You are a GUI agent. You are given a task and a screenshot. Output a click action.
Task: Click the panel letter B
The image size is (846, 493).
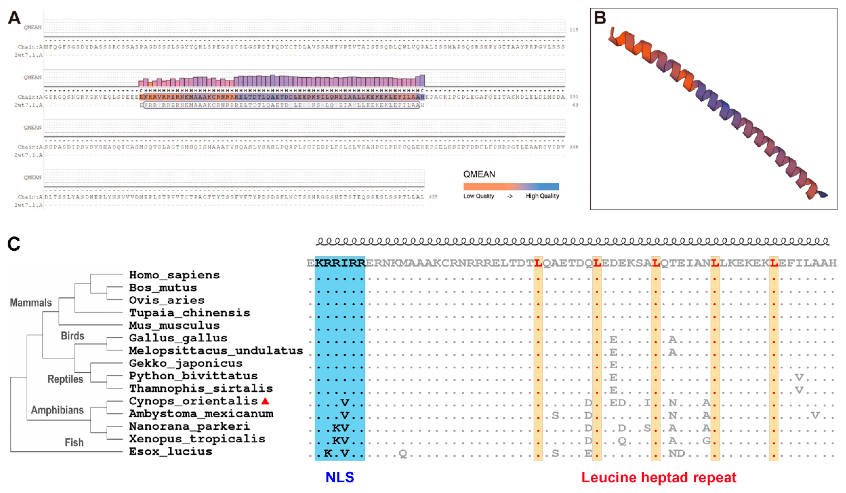pyautogui.click(x=600, y=18)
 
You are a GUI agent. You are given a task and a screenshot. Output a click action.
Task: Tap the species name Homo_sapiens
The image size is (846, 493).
pyautogui.click(x=174, y=275)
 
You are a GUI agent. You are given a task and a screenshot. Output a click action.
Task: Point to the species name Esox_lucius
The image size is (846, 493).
pyautogui.click(x=171, y=452)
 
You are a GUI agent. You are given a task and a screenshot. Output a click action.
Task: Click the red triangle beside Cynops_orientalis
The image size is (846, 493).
pyautogui.click(x=265, y=401)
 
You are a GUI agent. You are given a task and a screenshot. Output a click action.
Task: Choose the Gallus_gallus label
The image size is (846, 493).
pyautogui.click(x=178, y=338)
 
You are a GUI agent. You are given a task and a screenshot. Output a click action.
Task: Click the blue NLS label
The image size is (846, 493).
pyautogui.click(x=340, y=477)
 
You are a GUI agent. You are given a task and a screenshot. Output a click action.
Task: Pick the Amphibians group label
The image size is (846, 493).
pyautogui.click(x=57, y=410)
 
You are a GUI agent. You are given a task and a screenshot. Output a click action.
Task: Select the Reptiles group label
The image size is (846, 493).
pyautogui.click(x=66, y=379)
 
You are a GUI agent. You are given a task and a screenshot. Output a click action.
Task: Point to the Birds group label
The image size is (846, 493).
pyautogui.click(x=73, y=336)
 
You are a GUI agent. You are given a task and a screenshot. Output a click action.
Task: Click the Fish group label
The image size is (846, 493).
pyautogui.click(x=74, y=443)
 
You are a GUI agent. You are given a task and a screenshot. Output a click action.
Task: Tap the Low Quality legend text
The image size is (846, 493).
pyautogui.click(x=479, y=196)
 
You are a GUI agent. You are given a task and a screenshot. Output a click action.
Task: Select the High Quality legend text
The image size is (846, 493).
pyautogui.click(x=542, y=196)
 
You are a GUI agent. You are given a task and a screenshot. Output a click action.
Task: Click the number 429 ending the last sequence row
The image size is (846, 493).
pyautogui.click(x=433, y=197)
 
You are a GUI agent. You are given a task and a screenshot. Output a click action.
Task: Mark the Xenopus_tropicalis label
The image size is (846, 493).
pyautogui.click(x=197, y=439)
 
